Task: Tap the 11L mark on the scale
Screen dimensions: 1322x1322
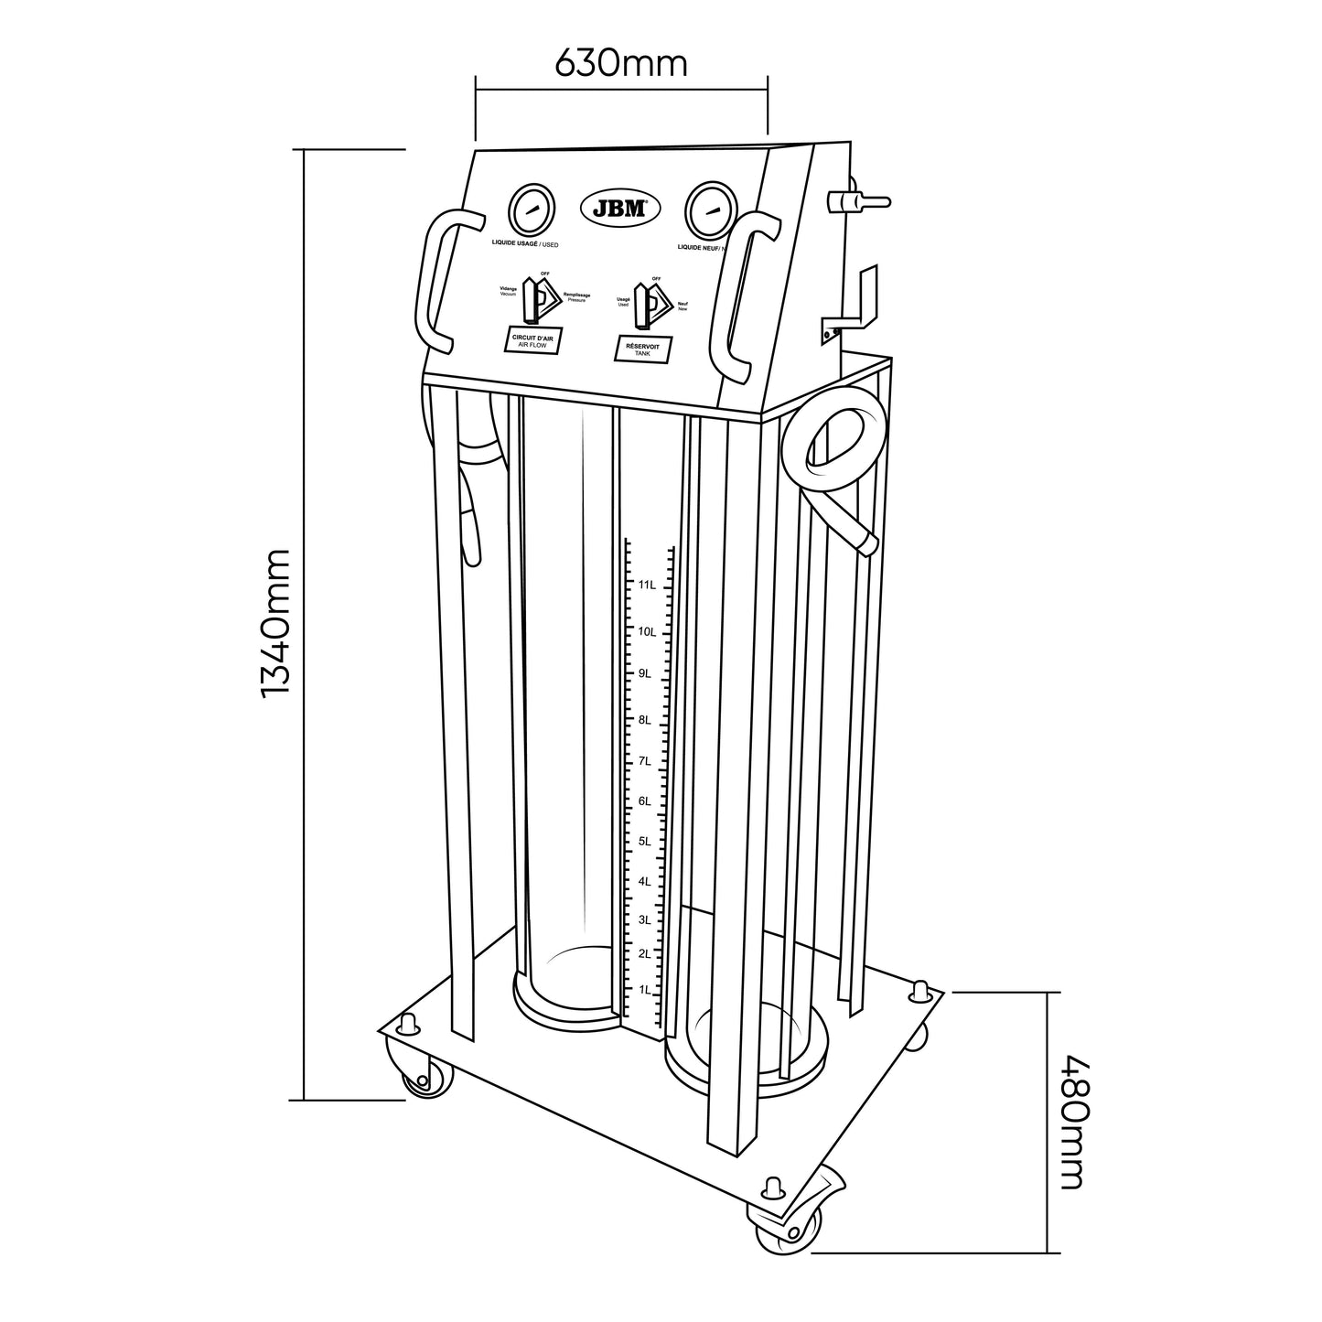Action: pos(646,585)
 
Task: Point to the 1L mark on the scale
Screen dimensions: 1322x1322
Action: pos(645,990)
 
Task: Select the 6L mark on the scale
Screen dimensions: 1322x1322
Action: pos(645,801)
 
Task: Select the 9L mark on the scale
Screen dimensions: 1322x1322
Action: pos(645,674)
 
